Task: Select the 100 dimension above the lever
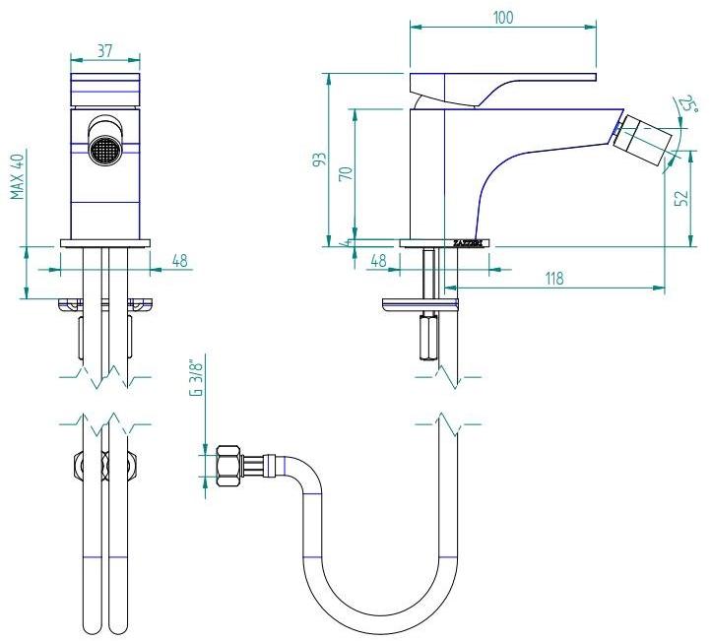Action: point(502,17)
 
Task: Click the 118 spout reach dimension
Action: point(553,279)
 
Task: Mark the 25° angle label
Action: point(687,106)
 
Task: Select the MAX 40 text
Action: point(18,176)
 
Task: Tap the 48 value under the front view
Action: point(180,262)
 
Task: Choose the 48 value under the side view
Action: point(377,262)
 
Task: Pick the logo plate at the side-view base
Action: point(468,241)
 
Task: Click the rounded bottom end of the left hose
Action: point(90,627)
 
